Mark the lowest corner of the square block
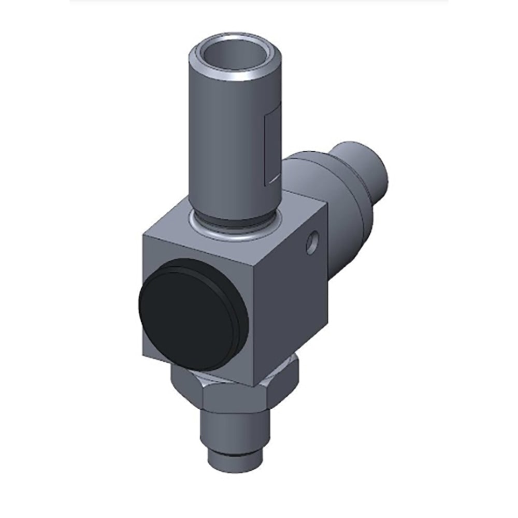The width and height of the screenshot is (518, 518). point(254,386)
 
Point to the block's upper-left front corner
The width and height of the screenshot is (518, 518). point(143,236)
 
